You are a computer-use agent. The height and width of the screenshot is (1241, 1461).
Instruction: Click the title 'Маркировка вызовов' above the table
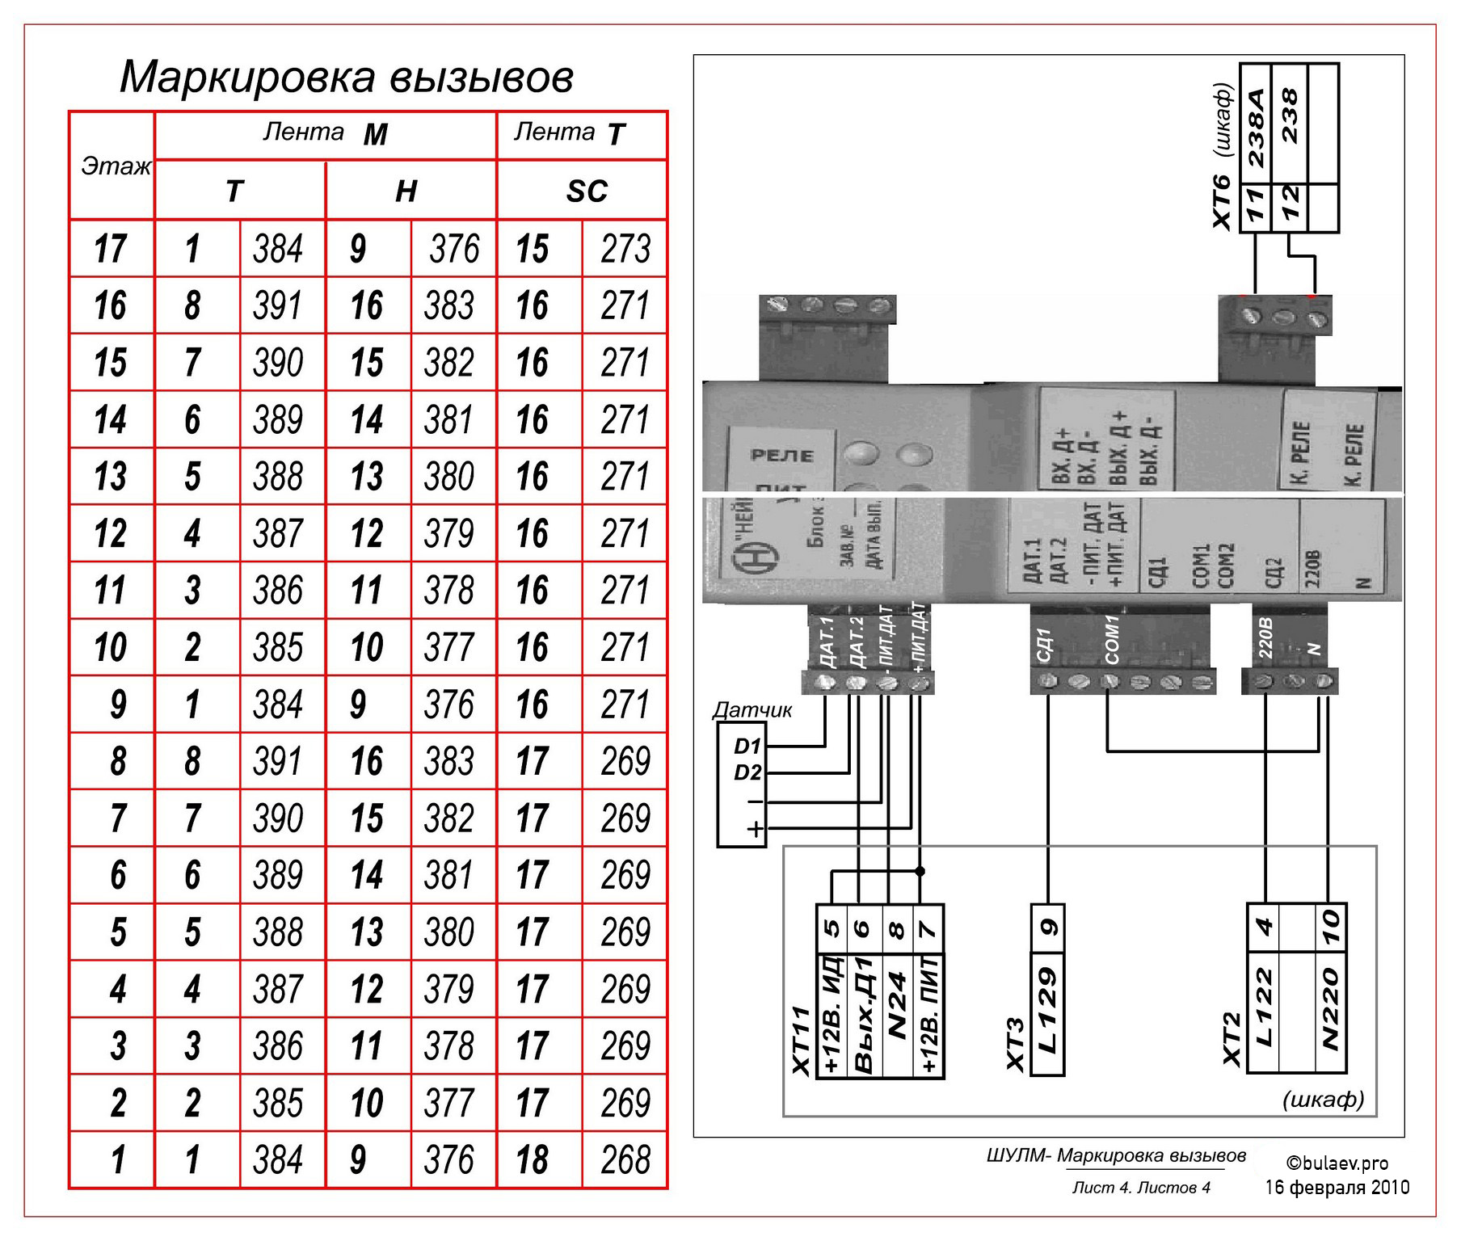click(x=347, y=78)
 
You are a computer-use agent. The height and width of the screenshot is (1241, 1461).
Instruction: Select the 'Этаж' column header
click(x=115, y=166)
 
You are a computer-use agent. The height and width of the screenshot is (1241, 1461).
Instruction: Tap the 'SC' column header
click(x=586, y=191)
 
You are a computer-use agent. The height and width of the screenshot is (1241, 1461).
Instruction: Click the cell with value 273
click(x=625, y=249)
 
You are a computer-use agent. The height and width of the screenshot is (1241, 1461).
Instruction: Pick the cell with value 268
click(x=625, y=1159)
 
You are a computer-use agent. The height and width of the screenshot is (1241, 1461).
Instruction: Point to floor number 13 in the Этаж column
click(x=111, y=477)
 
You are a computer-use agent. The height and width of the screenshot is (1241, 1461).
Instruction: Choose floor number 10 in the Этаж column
click(x=111, y=647)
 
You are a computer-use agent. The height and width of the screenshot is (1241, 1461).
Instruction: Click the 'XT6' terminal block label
click(x=1223, y=201)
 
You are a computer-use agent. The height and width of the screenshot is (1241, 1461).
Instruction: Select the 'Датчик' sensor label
click(x=752, y=710)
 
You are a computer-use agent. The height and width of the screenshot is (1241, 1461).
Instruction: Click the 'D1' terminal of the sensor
click(x=747, y=746)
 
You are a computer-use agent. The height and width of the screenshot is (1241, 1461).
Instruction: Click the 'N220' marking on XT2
click(x=1330, y=1009)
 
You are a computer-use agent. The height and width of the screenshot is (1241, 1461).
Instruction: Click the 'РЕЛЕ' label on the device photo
click(x=781, y=455)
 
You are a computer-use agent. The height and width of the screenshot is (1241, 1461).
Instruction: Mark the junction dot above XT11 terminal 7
click(x=920, y=872)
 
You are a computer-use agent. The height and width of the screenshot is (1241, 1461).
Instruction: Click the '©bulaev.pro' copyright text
click(x=1337, y=1163)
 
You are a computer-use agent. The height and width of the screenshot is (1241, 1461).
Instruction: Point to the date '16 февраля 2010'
click(x=1337, y=1187)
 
